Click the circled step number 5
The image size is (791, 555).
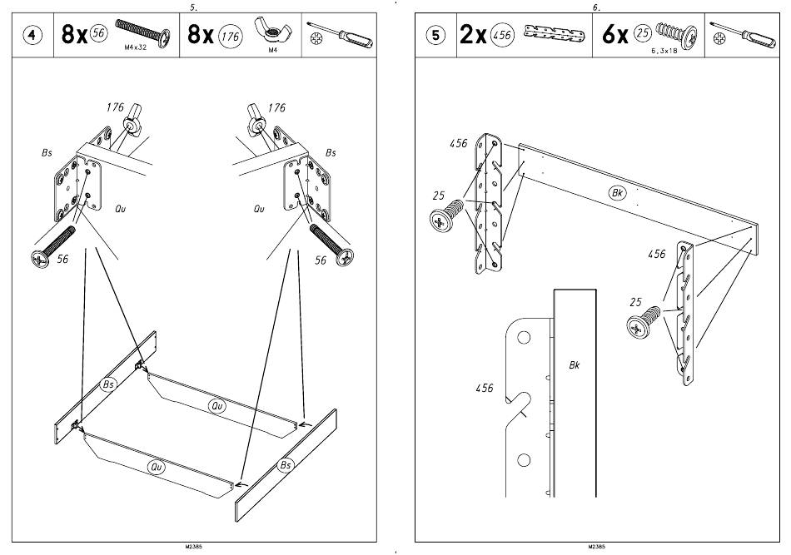click(436, 36)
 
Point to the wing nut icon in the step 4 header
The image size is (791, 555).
click(271, 31)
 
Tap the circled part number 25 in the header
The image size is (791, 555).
click(641, 33)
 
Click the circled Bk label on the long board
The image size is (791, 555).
click(617, 193)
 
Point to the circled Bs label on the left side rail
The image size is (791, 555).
click(108, 384)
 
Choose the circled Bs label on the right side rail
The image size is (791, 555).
click(286, 463)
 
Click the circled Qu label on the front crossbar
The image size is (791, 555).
click(156, 467)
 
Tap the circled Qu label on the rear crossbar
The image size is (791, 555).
click(217, 405)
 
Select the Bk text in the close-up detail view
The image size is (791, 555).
click(575, 364)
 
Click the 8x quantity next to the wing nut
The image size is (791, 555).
click(201, 35)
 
